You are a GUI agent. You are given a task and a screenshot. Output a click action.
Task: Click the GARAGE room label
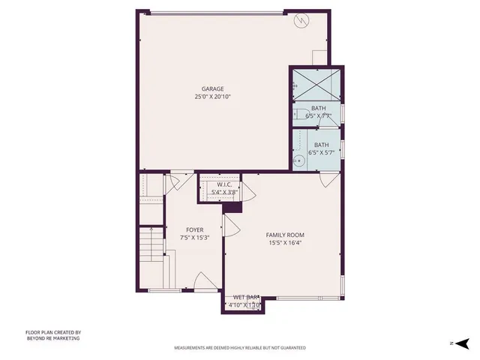coord(211,88)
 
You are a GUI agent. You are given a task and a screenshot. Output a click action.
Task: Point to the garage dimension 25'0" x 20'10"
coord(211,96)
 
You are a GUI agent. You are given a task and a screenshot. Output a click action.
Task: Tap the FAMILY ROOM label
coord(285,235)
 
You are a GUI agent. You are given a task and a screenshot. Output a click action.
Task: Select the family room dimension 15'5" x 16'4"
coord(285,242)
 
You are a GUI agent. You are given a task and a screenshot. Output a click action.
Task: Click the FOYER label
coord(195,229)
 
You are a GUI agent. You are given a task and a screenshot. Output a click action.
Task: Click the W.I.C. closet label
coord(227,184)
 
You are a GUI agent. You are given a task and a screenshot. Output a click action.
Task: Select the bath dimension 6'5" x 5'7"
coord(321,152)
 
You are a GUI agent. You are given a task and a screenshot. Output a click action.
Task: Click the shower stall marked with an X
coord(316,80)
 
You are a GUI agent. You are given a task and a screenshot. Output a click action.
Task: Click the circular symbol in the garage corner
coord(302,21)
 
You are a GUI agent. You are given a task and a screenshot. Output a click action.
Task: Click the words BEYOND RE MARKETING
coord(52,338)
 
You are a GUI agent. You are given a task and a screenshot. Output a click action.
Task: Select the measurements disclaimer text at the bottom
coord(240,348)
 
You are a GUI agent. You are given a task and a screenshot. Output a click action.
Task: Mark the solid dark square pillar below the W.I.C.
coord(232,207)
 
